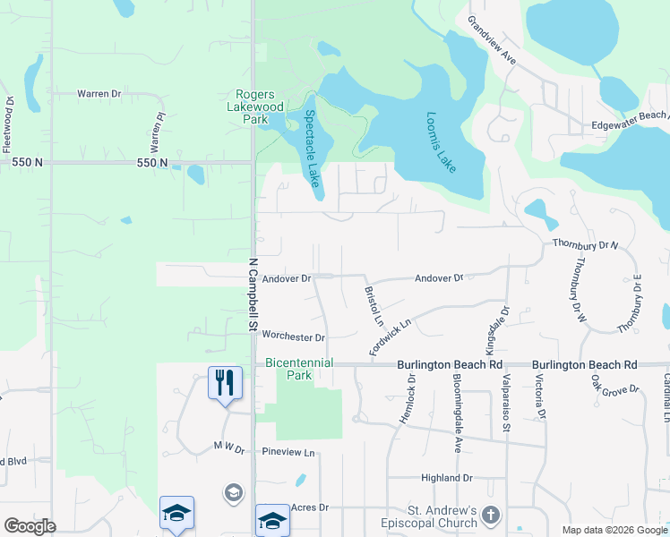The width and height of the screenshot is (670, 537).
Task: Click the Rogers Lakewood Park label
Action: click(x=262, y=107)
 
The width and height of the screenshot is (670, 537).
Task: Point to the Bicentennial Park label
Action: click(x=299, y=369)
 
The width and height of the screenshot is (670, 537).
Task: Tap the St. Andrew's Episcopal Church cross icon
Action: click(x=490, y=515)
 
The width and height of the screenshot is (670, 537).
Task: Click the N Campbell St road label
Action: click(x=253, y=296)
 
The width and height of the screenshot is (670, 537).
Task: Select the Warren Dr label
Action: click(x=99, y=93)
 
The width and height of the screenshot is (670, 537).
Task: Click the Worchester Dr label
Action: click(x=293, y=337)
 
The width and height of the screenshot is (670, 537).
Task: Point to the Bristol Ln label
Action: click(x=374, y=306)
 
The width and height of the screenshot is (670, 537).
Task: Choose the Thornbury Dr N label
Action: click(x=586, y=243)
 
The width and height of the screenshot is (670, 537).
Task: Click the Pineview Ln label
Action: click(x=289, y=453)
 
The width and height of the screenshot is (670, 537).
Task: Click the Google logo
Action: click(x=30, y=526)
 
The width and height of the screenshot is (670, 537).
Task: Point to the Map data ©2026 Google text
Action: click(x=614, y=530)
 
